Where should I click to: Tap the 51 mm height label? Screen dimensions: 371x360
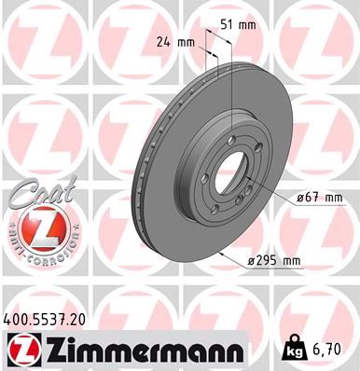(243, 25)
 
